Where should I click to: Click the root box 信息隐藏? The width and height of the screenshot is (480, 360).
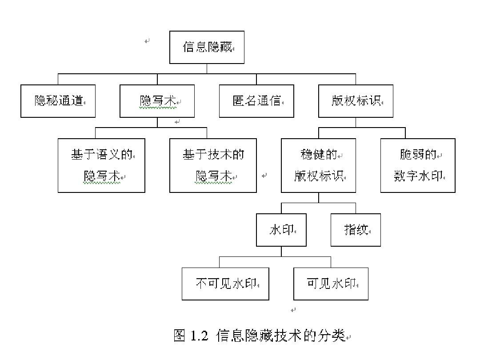[x=207, y=47]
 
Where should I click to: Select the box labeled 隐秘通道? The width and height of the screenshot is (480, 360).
[x=58, y=101]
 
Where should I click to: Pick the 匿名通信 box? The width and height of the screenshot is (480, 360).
[x=256, y=101]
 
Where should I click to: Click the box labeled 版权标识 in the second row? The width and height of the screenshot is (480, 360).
[x=356, y=101]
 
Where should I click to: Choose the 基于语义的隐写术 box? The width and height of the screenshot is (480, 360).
[x=101, y=165]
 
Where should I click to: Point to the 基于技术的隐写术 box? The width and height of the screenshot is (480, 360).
[x=213, y=165]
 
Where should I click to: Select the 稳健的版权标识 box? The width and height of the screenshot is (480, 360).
[x=318, y=165]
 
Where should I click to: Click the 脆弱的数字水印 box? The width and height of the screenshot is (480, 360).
[x=418, y=165]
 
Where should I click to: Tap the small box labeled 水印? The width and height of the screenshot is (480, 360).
[x=281, y=230]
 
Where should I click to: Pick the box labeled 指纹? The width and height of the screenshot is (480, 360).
[x=356, y=230]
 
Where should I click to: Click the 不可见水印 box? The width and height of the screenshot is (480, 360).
[x=225, y=284]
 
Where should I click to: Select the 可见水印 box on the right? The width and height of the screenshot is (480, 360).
[x=331, y=284]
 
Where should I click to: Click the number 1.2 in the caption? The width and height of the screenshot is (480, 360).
[x=199, y=336]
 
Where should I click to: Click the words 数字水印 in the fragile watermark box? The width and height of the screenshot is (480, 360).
[x=418, y=176]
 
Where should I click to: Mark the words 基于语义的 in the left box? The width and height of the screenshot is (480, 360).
[x=101, y=155]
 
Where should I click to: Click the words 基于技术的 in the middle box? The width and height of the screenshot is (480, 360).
[x=213, y=155]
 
